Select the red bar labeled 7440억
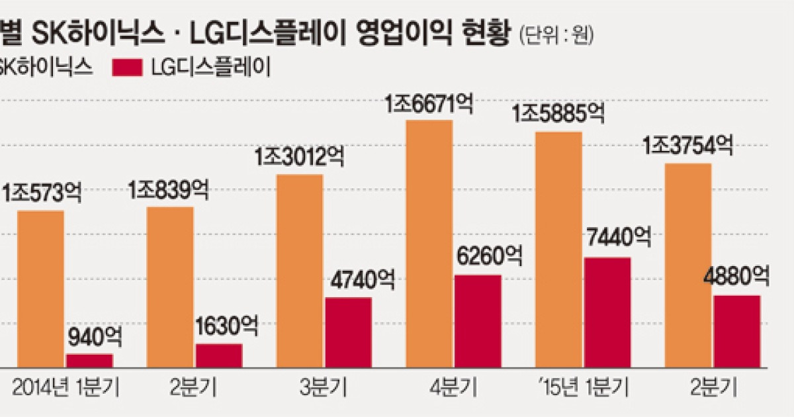607,312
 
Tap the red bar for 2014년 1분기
89,360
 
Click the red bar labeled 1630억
218,355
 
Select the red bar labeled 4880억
736,331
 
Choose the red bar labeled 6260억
478,320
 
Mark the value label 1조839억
169,192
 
